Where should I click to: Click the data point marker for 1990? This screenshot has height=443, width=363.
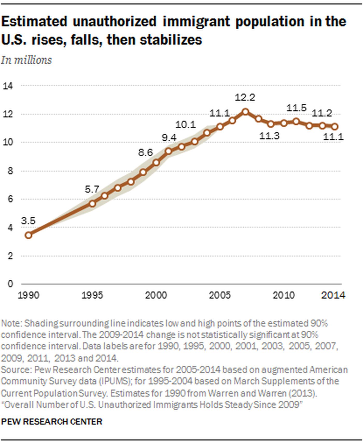pos(29,235)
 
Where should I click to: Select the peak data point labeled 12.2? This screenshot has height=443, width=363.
pos(245,112)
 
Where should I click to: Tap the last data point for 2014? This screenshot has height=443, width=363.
pos(335,127)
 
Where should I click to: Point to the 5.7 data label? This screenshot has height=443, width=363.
pos(92,189)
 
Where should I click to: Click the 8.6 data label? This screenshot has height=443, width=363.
pos(145,152)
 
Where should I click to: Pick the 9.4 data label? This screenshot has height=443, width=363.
pos(169,138)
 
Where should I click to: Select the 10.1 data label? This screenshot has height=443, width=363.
pos(186,125)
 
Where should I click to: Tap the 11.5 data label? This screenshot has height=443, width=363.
pos(296,108)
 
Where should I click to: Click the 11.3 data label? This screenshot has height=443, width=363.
pos(269,135)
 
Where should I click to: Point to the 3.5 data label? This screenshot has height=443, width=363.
pos(28,221)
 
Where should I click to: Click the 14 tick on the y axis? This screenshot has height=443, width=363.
pos(8,86)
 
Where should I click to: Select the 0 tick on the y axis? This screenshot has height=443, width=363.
pos(10,284)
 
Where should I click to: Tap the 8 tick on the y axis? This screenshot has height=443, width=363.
pos(10,171)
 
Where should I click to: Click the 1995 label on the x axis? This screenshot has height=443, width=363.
pos(92,295)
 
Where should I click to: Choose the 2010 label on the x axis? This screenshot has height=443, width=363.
pos(283,295)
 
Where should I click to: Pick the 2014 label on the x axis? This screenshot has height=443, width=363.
pos(333,295)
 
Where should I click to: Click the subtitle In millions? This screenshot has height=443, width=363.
pos(26,60)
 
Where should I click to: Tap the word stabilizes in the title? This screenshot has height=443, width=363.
pos(171,40)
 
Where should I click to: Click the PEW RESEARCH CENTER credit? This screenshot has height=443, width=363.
pos(52,422)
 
